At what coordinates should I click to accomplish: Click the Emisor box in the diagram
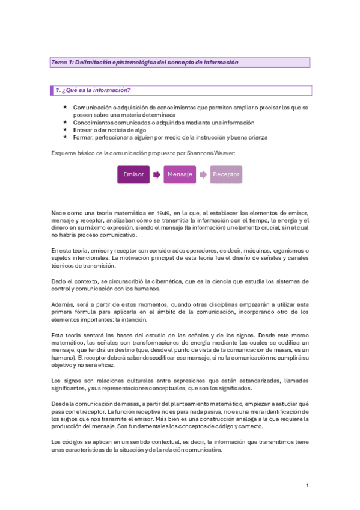pyautogui.click(x=133, y=174)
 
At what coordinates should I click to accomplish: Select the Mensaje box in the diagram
pyautogui.click(x=180, y=174)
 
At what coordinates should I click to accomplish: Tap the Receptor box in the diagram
pyautogui.click(x=226, y=174)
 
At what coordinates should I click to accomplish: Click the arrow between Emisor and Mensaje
pyautogui.click(x=156, y=174)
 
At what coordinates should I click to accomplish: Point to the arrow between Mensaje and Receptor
pyautogui.click(x=203, y=174)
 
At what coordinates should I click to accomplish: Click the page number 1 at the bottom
pyautogui.click(x=307, y=485)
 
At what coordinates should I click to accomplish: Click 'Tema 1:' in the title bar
pyautogui.click(x=62, y=62)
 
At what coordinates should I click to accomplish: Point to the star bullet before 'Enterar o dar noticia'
pyautogui.click(x=65, y=129)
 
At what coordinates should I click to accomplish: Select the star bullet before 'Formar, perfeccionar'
pyautogui.click(x=65, y=137)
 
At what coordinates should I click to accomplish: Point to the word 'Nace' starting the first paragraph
pyautogui.click(x=58, y=213)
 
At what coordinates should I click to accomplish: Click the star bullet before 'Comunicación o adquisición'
pyautogui.click(x=65, y=106)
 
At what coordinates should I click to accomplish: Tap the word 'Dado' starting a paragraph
pyautogui.click(x=58, y=281)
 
